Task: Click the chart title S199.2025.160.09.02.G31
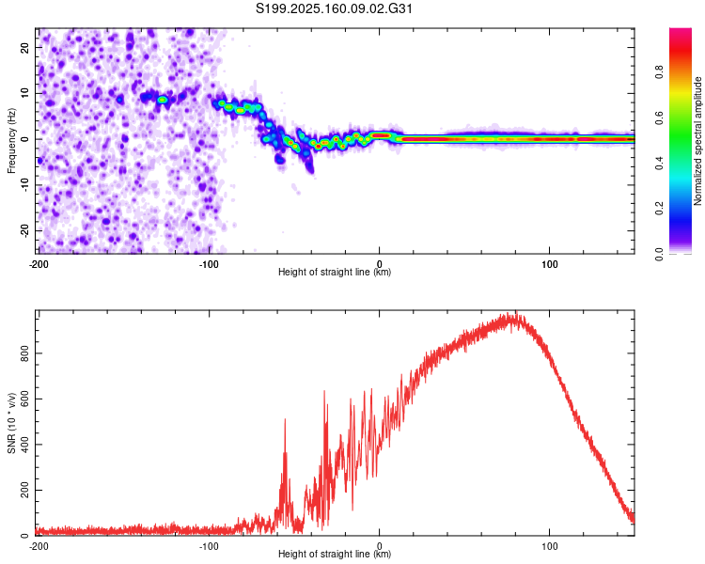pos(334,8)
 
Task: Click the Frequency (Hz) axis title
pos(11,141)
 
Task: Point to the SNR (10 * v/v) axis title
pos(11,423)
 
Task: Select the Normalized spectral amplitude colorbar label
pos(697,141)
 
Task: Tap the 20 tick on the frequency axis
pos(24,47)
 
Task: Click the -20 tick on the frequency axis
pos(24,230)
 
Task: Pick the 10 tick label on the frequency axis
pos(24,93)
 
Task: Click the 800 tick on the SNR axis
pos(24,353)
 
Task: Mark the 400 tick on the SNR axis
pos(24,445)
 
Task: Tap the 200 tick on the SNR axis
pos(24,490)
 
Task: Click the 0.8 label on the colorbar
pos(659,71)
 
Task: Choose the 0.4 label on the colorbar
pos(659,163)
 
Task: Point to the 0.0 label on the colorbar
pos(659,254)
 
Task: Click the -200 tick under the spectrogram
pos(39,264)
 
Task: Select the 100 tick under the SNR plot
pos(550,546)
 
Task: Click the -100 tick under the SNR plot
pos(209,546)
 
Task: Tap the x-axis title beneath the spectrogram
pos(335,272)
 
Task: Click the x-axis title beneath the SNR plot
pos(335,554)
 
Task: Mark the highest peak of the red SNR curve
pos(516,312)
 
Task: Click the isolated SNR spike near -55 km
pos(285,419)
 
